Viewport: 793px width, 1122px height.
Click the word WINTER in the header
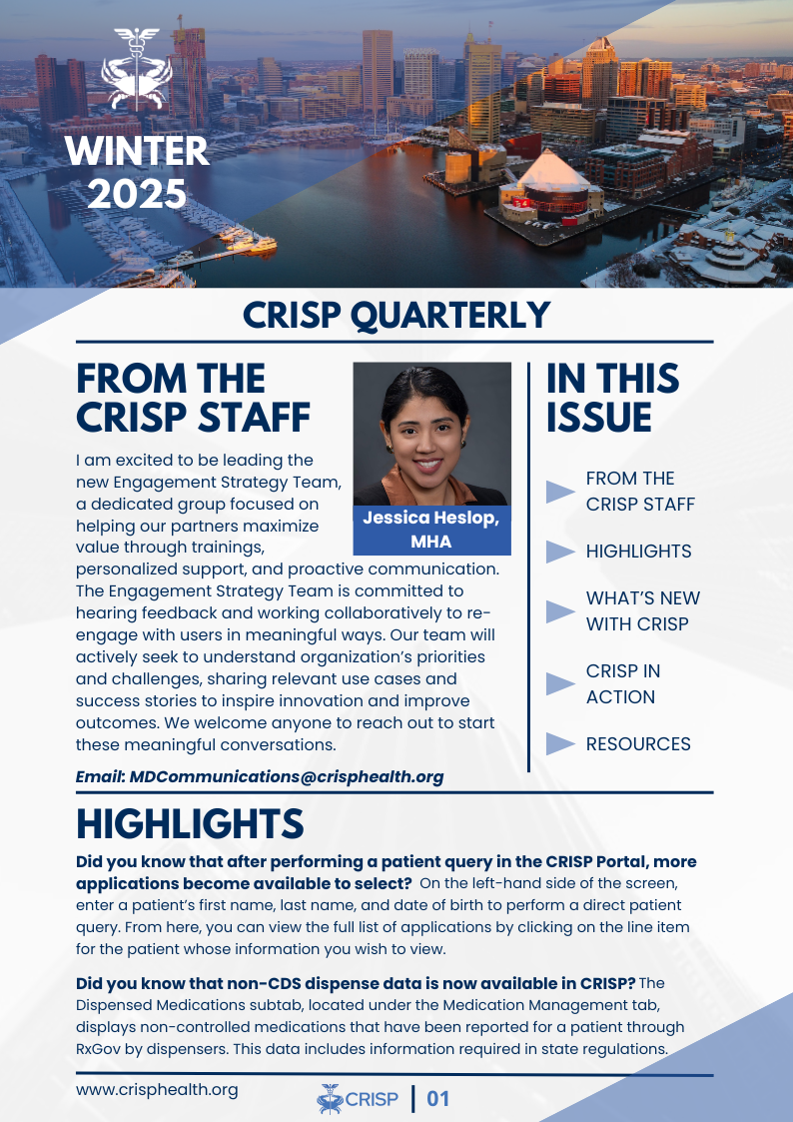click(x=137, y=152)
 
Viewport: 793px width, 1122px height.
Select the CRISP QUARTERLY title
click(x=396, y=315)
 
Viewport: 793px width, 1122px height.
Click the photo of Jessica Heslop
click(x=431, y=434)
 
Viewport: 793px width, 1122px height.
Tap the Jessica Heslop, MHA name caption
click(x=431, y=530)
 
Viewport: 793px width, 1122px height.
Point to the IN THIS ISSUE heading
click(x=613, y=398)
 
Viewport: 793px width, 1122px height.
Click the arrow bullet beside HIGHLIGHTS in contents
click(x=561, y=552)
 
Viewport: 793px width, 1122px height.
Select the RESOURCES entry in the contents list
click(x=638, y=744)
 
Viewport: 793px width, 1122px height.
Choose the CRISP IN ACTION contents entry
click(x=623, y=684)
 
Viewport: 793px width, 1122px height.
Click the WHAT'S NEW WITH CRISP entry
click(x=642, y=611)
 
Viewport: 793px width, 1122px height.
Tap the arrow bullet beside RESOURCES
click(x=561, y=744)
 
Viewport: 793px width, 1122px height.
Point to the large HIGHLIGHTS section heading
click(x=190, y=824)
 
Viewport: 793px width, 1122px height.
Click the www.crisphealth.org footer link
click(x=157, y=1089)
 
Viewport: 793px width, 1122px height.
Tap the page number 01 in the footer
click(x=438, y=1100)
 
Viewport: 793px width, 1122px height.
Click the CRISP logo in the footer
click(x=358, y=1100)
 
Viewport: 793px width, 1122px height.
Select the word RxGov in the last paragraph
click(x=101, y=1049)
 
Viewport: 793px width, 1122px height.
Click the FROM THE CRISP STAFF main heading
click(x=193, y=398)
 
